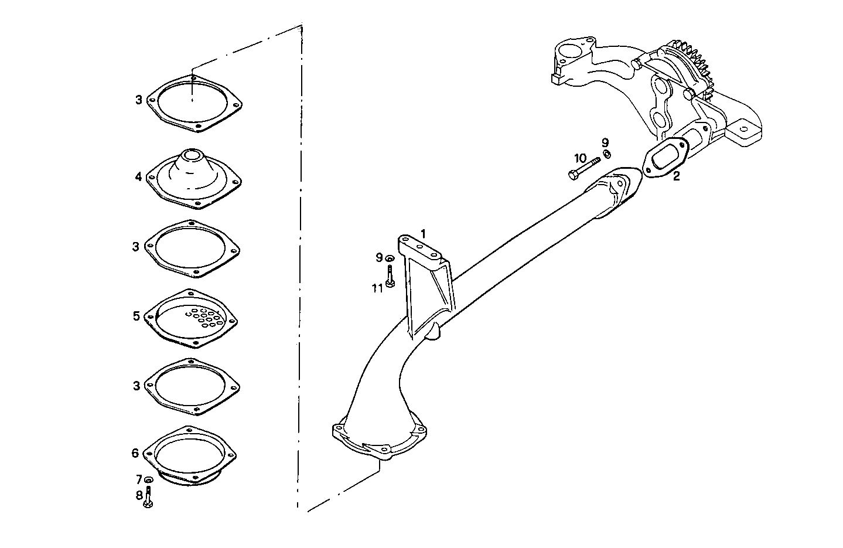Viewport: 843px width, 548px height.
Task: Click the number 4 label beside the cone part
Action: pos(138,176)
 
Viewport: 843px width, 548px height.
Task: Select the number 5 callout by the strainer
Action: pos(136,316)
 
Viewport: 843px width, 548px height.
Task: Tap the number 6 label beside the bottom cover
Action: pos(135,452)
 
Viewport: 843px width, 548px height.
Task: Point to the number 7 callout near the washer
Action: pos(139,479)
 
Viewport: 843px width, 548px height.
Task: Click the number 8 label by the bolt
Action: pos(139,495)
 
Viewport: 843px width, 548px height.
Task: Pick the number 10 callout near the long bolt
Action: pos(580,158)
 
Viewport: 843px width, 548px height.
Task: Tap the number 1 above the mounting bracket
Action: pos(423,233)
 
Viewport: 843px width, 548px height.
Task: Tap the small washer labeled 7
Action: pos(148,480)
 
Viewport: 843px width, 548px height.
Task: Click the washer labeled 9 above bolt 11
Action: pos(390,258)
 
